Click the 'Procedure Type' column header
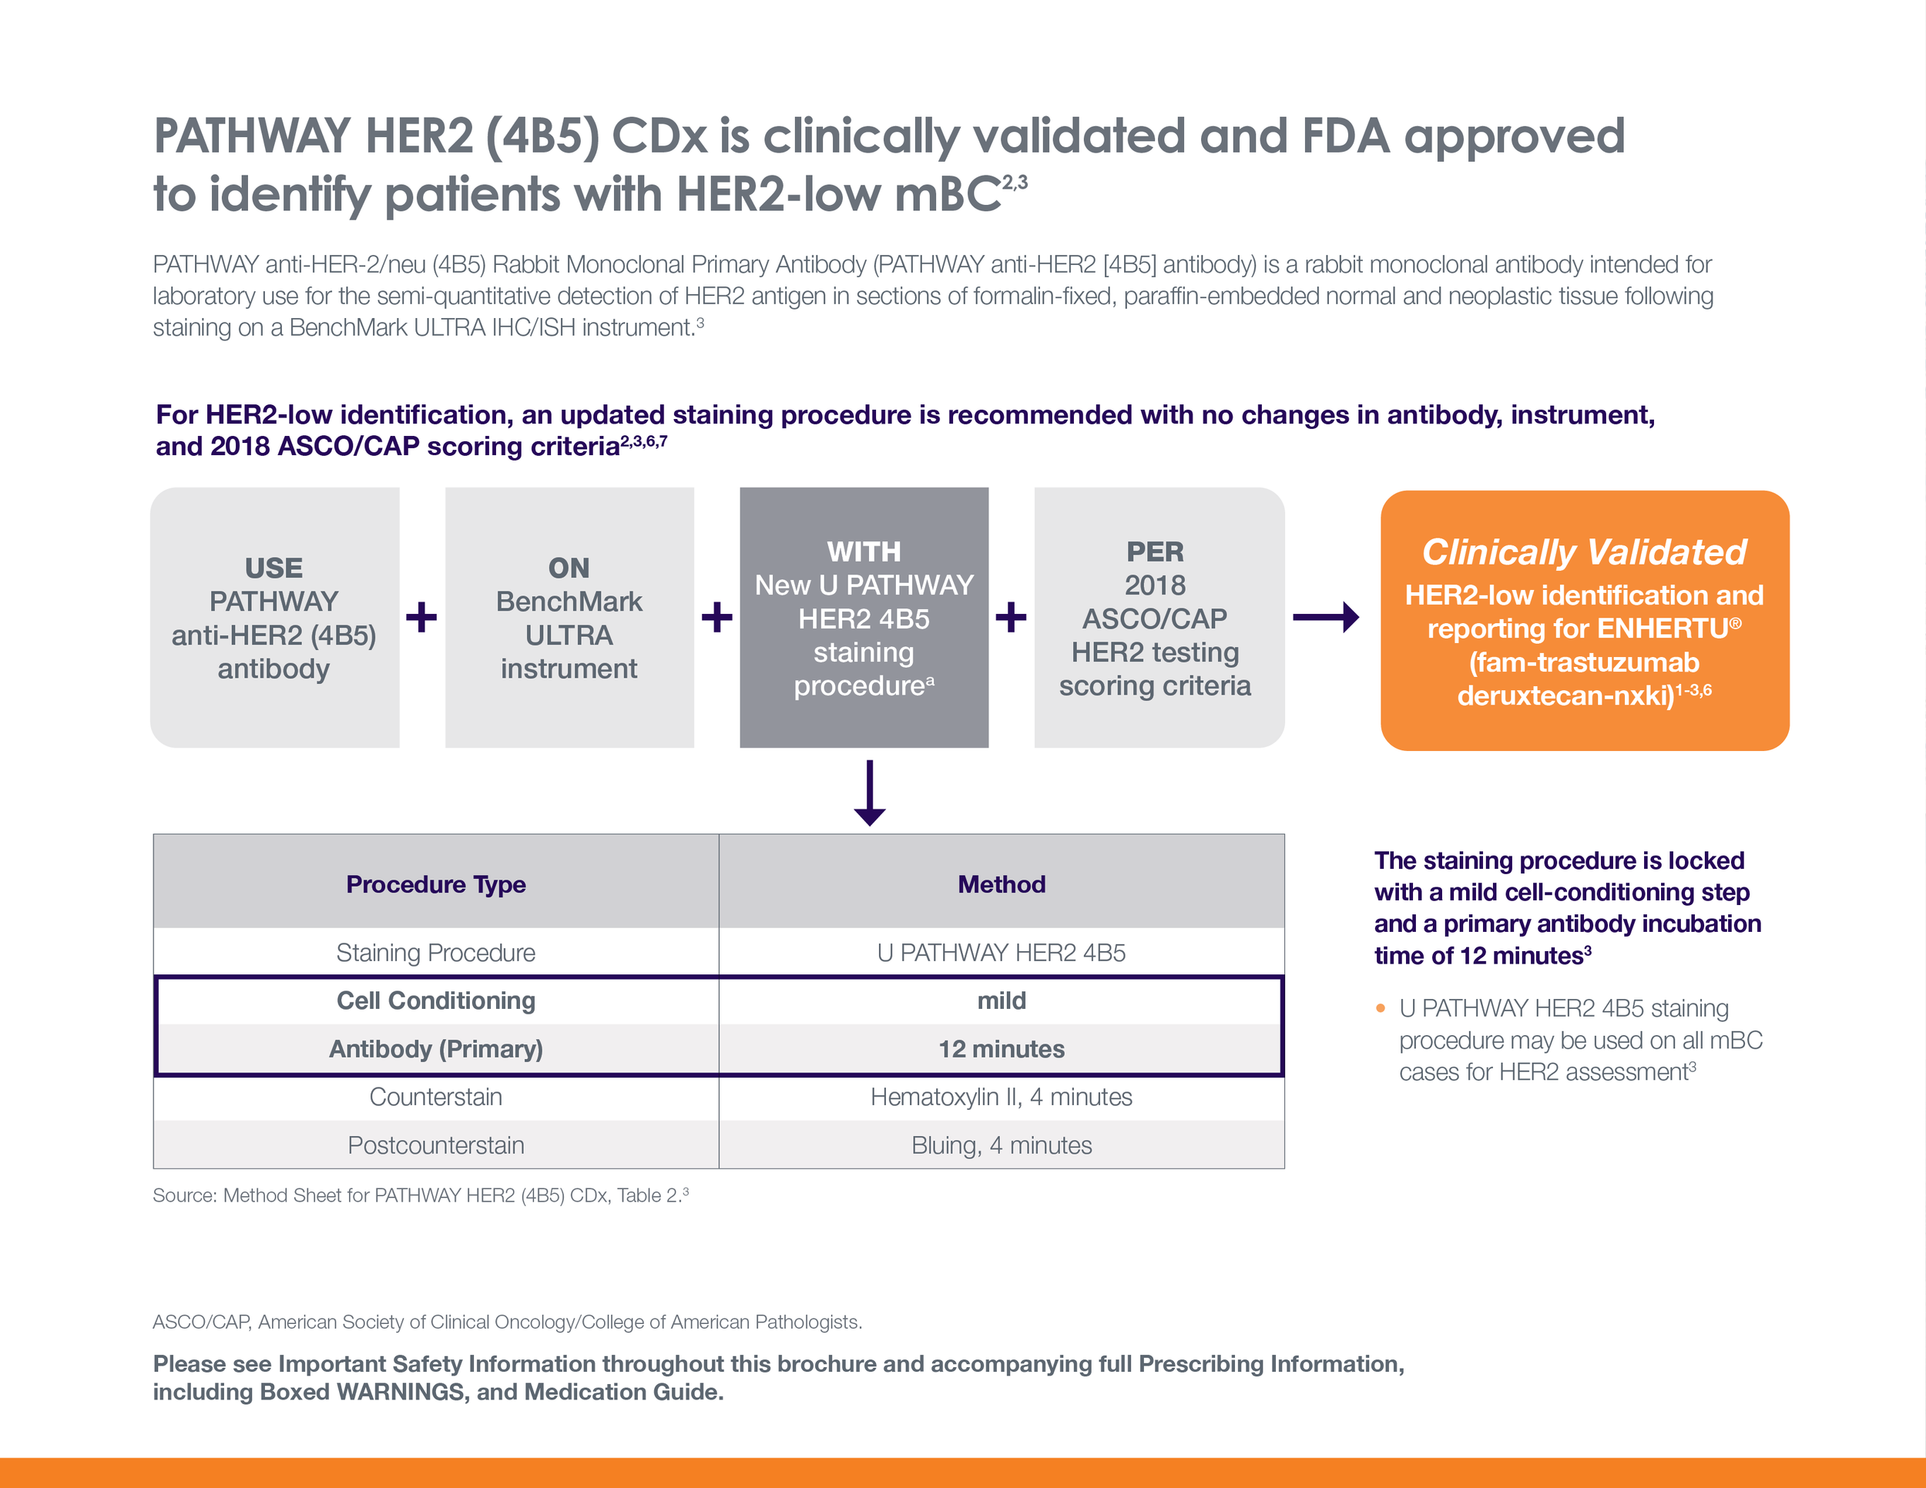click(435, 884)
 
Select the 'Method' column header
click(1002, 884)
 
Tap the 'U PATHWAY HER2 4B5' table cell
click(1002, 953)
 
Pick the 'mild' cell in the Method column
click(1002, 1000)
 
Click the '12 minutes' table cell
click(1002, 1049)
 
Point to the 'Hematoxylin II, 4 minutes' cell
click(1002, 1097)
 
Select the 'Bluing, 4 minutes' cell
click(1002, 1145)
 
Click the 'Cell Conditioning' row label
click(435, 1000)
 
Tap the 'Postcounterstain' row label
click(435, 1145)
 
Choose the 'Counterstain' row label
click(435, 1097)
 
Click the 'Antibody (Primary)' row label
click(435, 1049)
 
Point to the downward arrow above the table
click(870, 793)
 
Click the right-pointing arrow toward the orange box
click(1325, 617)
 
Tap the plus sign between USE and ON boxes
click(421, 617)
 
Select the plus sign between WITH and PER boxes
click(1011, 617)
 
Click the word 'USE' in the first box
click(273, 568)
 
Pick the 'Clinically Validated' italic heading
click(1584, 551)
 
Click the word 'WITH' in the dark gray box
click(864, 551)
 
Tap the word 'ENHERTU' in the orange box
click(1663, 628)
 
